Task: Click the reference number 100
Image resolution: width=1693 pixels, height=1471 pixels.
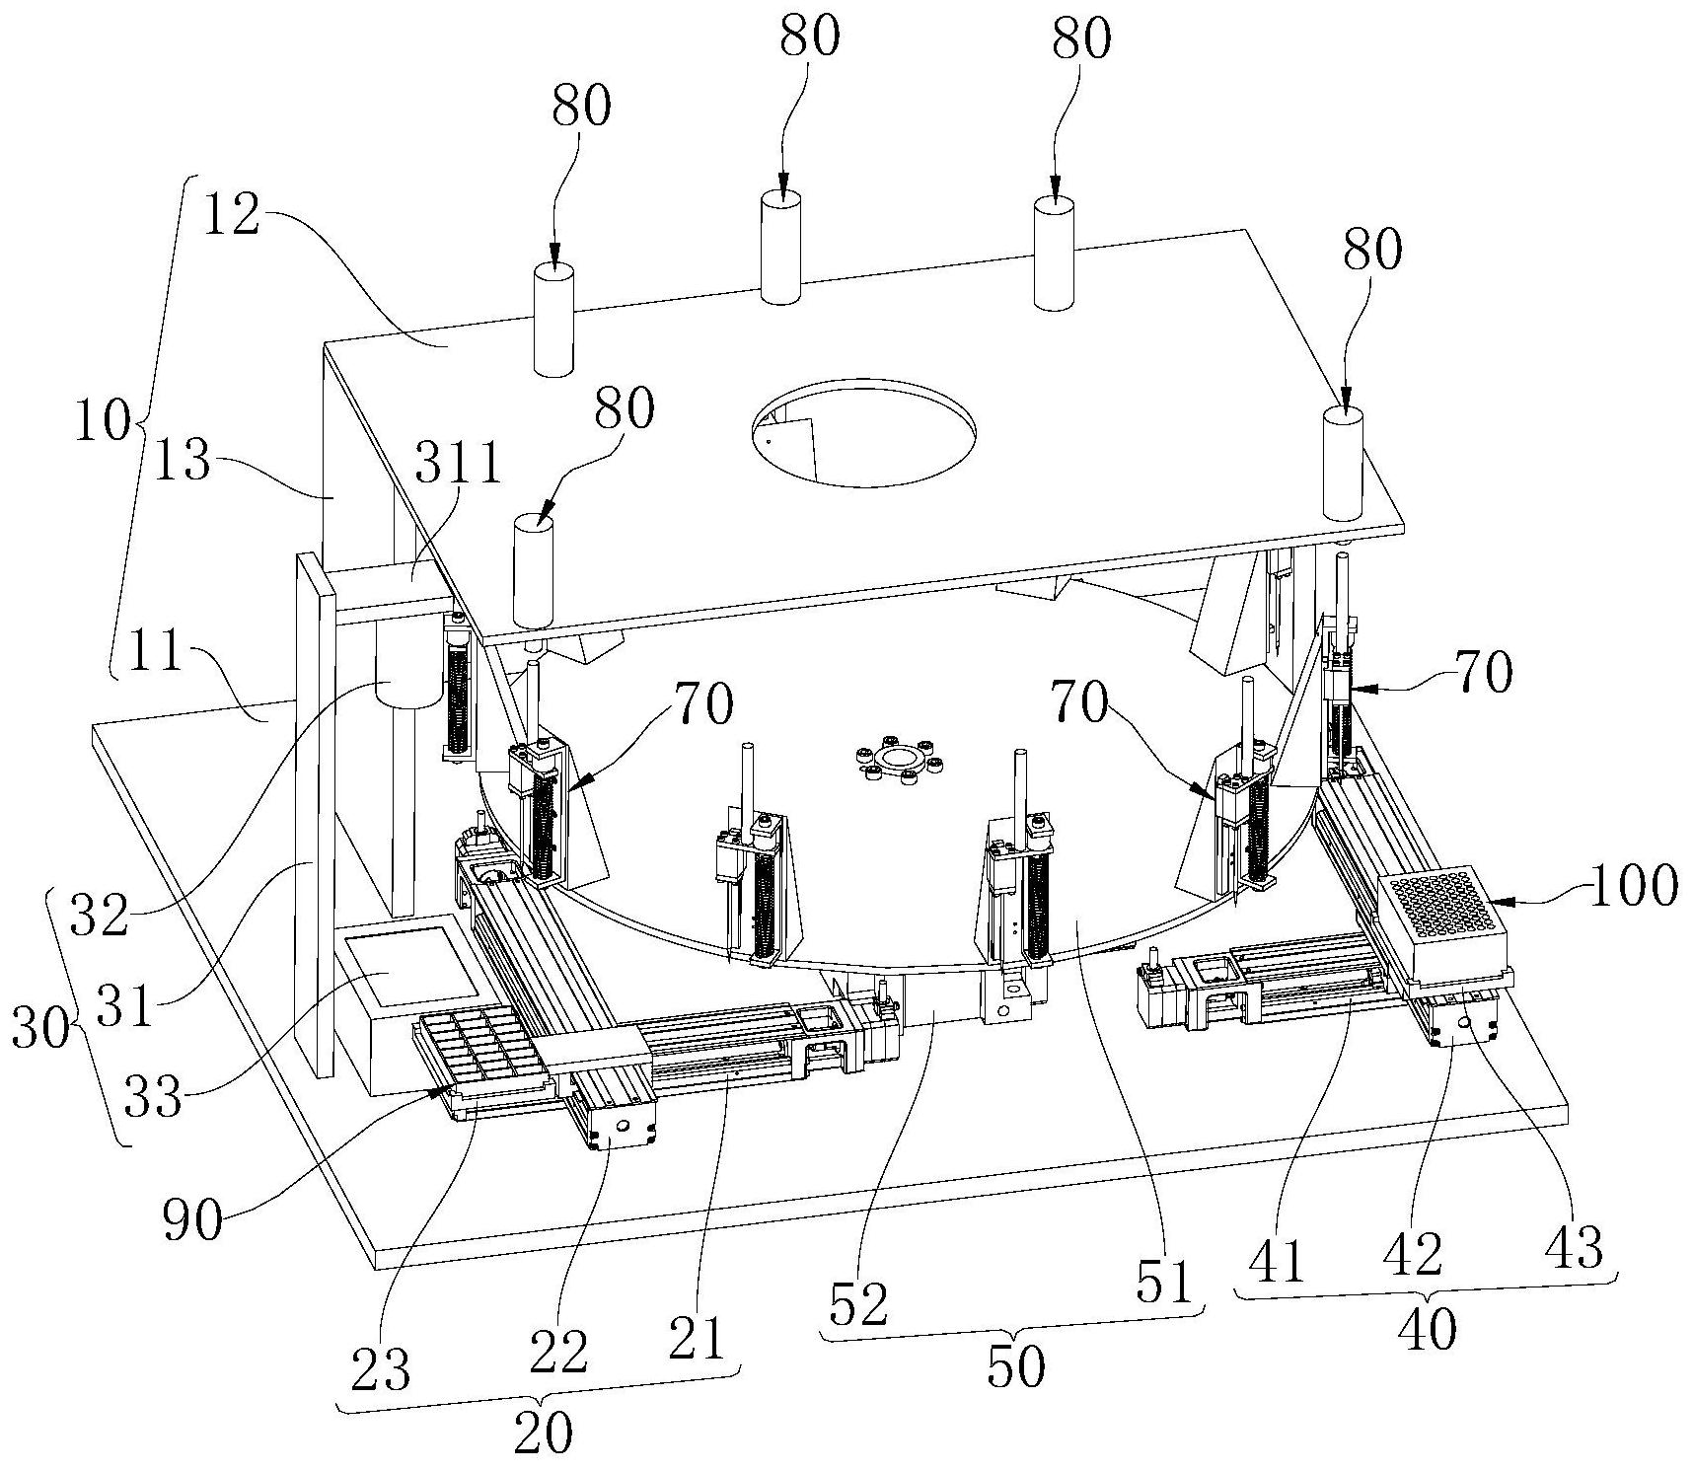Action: coord(1633,885)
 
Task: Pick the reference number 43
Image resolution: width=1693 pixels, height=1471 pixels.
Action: coord(1574,1248)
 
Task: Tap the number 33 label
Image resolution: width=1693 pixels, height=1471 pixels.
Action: coord(154,1095)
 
